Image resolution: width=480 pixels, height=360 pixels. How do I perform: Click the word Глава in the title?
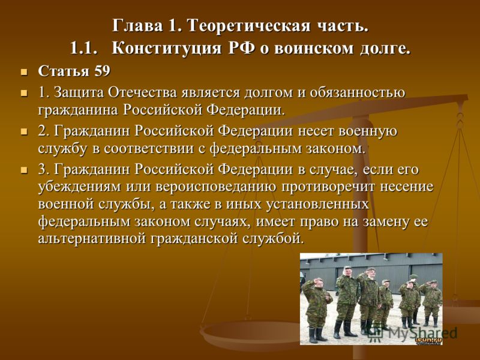[x=137, y=25]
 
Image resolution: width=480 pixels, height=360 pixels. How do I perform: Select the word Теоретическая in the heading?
[x=248, y=25]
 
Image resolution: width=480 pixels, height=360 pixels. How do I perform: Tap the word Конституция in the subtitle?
[x=166, y=49]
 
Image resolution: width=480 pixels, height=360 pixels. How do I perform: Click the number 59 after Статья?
[x=102, y=71]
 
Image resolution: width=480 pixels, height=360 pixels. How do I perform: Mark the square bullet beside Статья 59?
[x=23, y=73]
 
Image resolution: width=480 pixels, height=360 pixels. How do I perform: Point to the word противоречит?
[x=328, y=187]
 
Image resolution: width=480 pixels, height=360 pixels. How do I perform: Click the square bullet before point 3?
[x=23, y=170]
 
